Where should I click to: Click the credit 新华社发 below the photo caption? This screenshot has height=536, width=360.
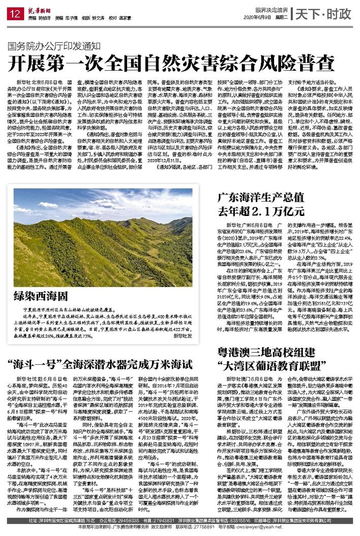182,336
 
